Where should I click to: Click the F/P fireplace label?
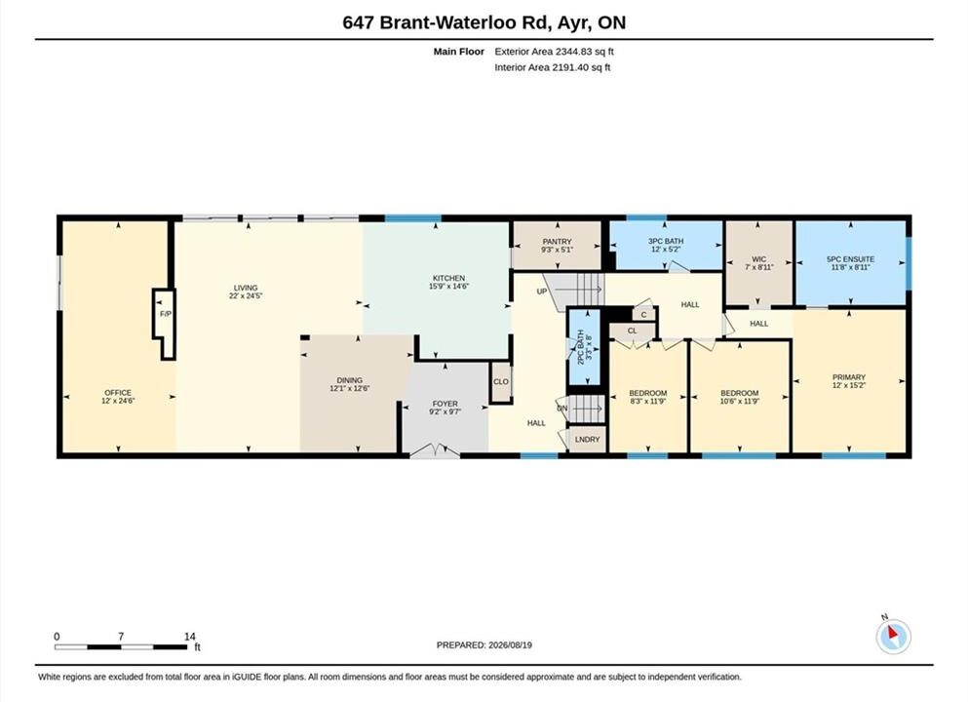[x=166, y=314]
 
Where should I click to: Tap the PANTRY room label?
[x=557, y=242]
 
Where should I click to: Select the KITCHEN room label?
[x=448, y=278]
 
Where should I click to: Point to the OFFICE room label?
[x=118, y=393]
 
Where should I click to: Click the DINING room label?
[x=349, y=380]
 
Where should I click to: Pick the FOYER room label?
[x=445, y=404]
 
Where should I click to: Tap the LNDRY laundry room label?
[x=587, y=439]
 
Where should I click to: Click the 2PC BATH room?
[x=584, y=347]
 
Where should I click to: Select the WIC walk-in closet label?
[x=758, y=259]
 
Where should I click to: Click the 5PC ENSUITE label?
[x=850, y=259]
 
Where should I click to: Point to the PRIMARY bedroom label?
[x=849, y=377]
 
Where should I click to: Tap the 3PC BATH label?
[x=666, y=242]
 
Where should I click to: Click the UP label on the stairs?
[x=541, y=292]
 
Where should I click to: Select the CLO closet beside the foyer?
[x=501, y=381]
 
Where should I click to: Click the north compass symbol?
[x=893, y=636]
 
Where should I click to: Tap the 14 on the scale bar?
[x=189, y=637]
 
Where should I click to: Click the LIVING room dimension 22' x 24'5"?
[x=245, y=295]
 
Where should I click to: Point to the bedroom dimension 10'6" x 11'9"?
[x=740, y=401]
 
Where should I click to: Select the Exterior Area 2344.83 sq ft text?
[x=554, y=52]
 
